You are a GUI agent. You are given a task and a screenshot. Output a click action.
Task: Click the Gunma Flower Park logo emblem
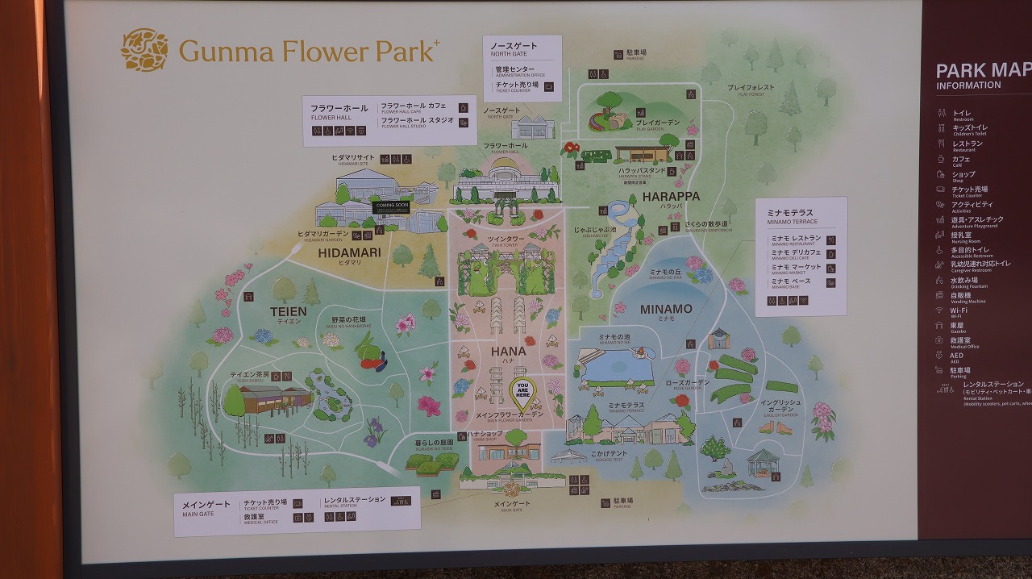(x=144, y=50)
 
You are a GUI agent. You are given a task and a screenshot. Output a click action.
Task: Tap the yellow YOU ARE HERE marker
(x=522, y=392)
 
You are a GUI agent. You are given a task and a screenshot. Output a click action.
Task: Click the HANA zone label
(x=508, y=352)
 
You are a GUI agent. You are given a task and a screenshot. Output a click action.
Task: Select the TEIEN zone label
(x=288, y=312)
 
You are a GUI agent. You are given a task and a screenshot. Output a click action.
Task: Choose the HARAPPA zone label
(x=671, y=197)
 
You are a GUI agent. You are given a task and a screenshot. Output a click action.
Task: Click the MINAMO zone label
(x=666, y=310)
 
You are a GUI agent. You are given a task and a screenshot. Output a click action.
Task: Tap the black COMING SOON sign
(x=392, y=206)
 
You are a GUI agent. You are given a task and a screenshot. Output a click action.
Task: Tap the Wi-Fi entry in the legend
(x=959, y=310)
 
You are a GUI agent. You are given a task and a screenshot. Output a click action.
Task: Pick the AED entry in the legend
(x=956, y=356)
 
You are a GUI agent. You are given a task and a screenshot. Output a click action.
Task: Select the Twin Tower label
(x=506, y=240)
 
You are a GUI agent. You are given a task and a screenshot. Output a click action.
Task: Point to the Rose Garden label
(x=687, y=383)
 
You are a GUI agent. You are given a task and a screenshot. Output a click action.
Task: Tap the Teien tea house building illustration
(x=275, y=398)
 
